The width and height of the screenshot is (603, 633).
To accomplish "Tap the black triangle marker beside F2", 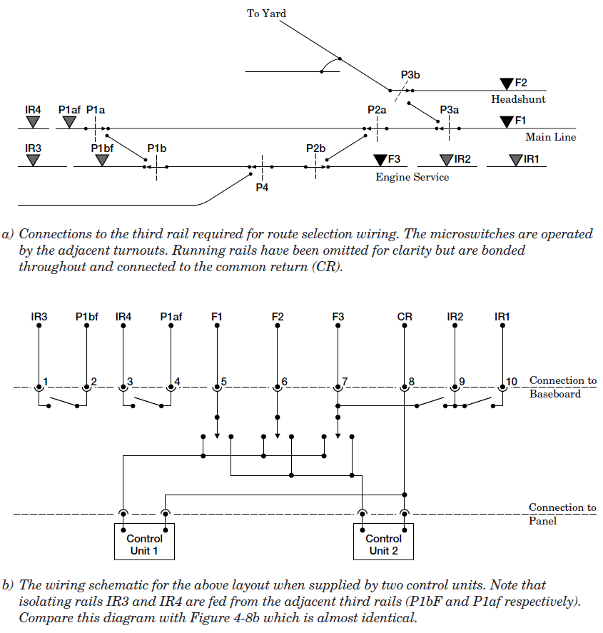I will (x=507, y=83).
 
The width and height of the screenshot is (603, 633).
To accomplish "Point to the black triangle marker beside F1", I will (x=507, y=121).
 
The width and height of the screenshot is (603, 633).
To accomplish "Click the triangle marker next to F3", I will (x=380, y=159).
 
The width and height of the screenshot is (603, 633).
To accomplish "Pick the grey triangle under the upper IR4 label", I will (x=33, y=122).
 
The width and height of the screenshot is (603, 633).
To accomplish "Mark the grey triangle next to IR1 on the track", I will (x=516, y=160).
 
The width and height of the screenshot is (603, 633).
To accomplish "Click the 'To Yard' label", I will (x=266, y=14).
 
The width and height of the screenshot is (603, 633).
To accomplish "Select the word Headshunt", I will (x=518, y=99).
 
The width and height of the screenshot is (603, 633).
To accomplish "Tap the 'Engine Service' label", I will (x=412, y=177).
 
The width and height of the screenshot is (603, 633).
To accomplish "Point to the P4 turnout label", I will (x=263, y=187).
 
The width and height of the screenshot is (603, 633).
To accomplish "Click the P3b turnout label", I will (x=410, y=75).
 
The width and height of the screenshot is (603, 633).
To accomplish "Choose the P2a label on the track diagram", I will (x=377, y=109).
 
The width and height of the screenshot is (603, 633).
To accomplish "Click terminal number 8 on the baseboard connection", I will (x=412, y=382).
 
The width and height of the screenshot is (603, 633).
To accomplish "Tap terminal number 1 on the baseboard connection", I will (x=45, y=382).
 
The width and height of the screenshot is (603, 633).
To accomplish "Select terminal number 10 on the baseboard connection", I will (x=512, y=382).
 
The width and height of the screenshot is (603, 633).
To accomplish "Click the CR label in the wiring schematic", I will (x=405, y=316).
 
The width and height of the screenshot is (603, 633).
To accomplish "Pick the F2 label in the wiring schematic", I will (x=278, y=316).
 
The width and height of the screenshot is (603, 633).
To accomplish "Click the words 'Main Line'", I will (x=550, y=137).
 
